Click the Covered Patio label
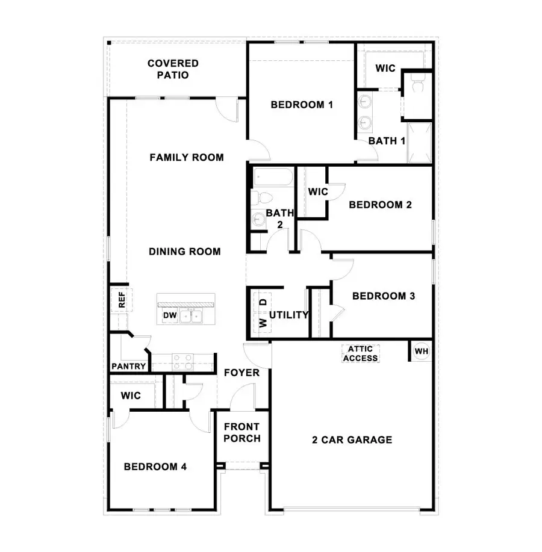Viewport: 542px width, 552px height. (x=173, y=69)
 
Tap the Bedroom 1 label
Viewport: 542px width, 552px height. (x=302, y=105)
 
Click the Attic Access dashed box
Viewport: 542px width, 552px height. (x=360, y=353)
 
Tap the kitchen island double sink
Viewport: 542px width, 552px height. (x=195, y=315)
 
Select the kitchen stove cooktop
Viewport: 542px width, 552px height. (x=183, y=361)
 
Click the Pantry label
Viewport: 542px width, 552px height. (x=129, y=366)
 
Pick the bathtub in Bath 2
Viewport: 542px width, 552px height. (x=272, y=178)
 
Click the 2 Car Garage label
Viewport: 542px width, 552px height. (x=352, y=440)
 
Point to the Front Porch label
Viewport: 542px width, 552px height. (x=241, y=433)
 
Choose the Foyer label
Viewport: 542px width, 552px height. (x=241, y=373)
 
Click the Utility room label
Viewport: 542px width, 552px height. (x=289, y=315)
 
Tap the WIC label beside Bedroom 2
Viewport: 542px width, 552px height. (x=317, y=192)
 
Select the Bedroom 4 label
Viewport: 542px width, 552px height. (x=152, y=467)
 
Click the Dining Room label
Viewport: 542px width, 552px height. (x=185, y=252)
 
